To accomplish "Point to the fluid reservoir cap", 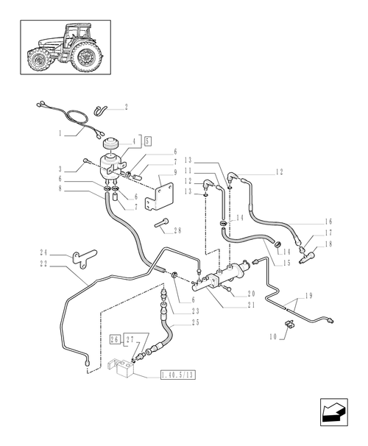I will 115,142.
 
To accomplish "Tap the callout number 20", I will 251,293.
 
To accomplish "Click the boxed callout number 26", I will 114,339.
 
